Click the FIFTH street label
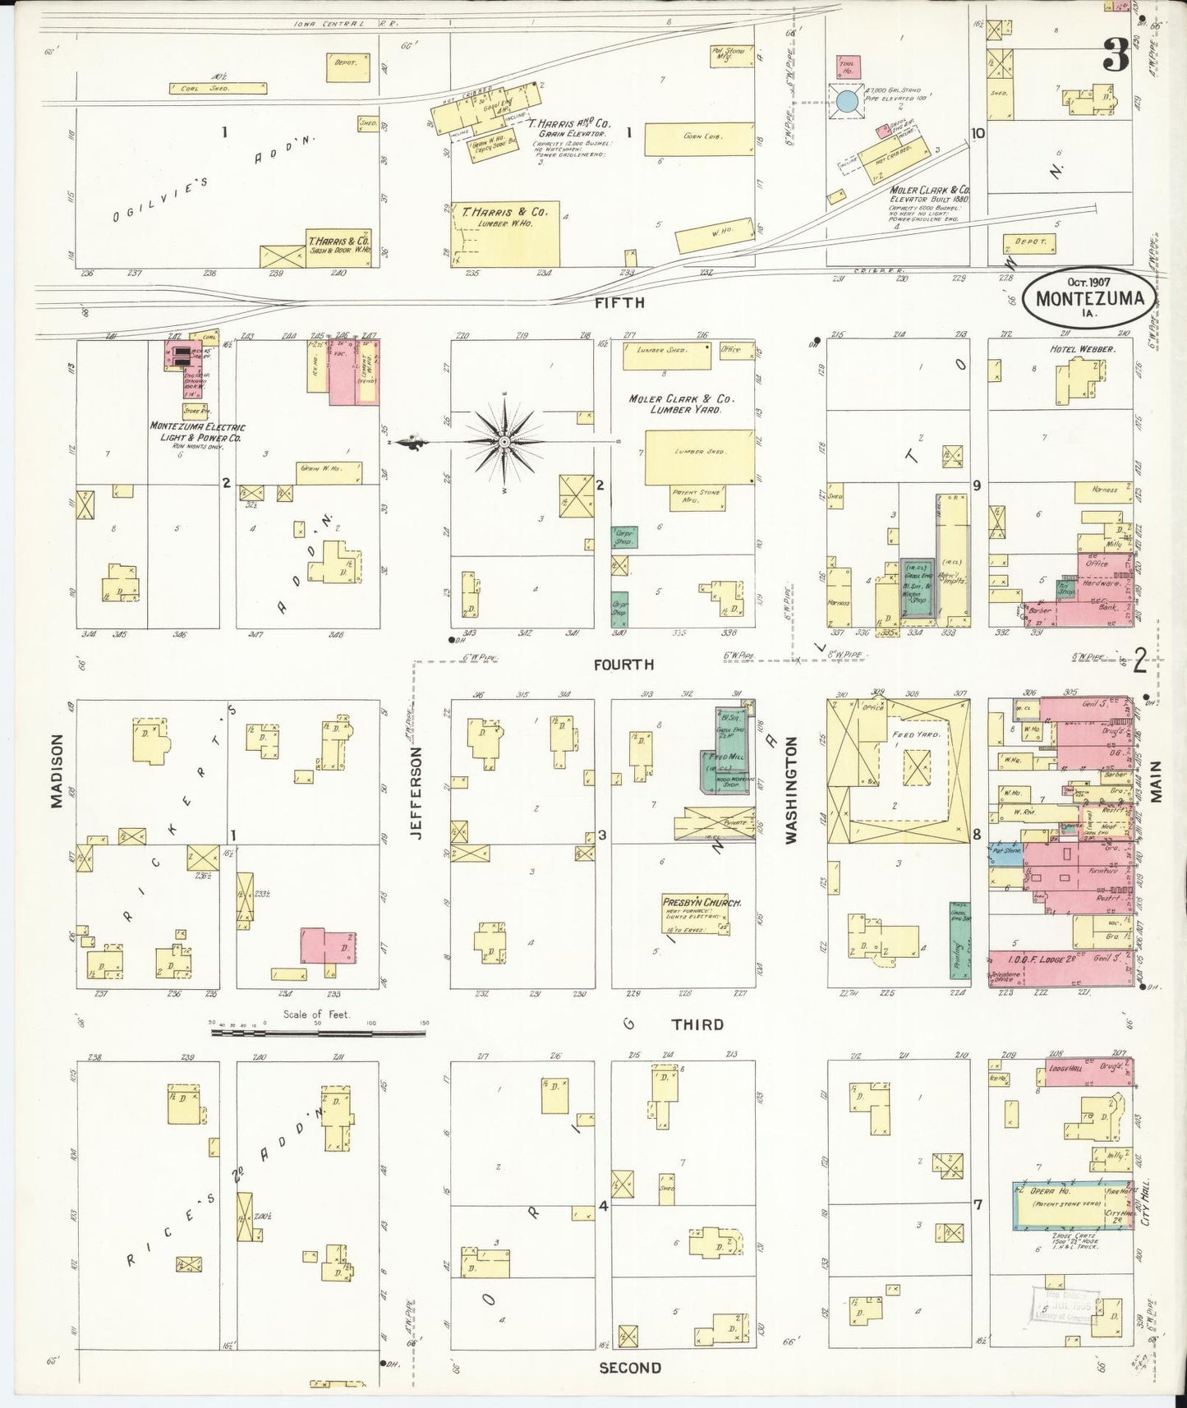[x=621, y=303]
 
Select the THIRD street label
[x=697, y=1024]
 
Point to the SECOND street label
[x=629, y=1368]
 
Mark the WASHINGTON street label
[x=792, y=789]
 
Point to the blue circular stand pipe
[x=848, y=103]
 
